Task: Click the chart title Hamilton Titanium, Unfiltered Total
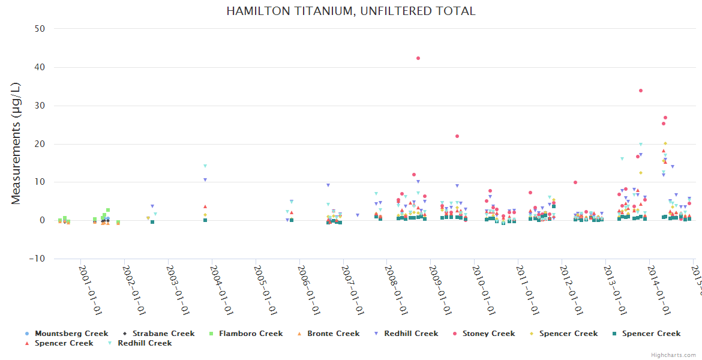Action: point(350,11)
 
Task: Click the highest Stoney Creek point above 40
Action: point(418,58)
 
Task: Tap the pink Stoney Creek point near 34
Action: point(641,91)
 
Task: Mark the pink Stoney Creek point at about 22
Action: point(457,136)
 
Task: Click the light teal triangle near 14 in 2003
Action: point(205,166)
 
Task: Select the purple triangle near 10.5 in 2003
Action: point(205,179)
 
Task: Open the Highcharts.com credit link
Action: point(674,355)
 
